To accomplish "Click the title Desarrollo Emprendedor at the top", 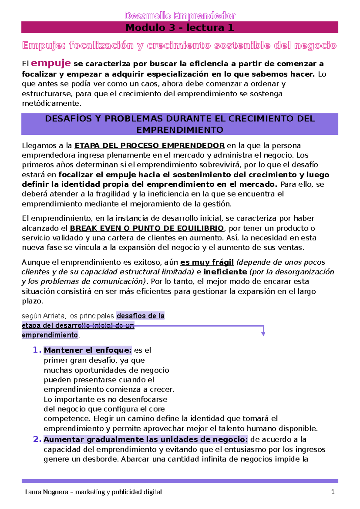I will (x=180, y=16).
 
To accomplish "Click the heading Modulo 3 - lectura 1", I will (x=180, y=28).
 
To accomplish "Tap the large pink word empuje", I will (x=51, y=63).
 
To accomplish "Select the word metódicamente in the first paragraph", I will (x=51, y=104).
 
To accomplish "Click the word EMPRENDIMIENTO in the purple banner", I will (x=180, y=130).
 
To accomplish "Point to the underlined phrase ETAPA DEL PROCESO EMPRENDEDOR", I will (x=149, y=146).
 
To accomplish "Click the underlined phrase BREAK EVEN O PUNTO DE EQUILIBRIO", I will (x=147, y=228).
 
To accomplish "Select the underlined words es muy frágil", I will (x=207, y=262).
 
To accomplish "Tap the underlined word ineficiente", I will (x=225, y=272).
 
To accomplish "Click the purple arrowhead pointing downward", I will (x=263, y=333).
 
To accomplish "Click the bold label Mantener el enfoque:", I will (x=88, y=350).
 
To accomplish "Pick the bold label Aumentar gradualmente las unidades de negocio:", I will (x=146, y=440).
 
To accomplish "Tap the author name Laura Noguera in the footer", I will (x=46, y=492).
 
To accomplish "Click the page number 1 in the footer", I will (x=332, y=492).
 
